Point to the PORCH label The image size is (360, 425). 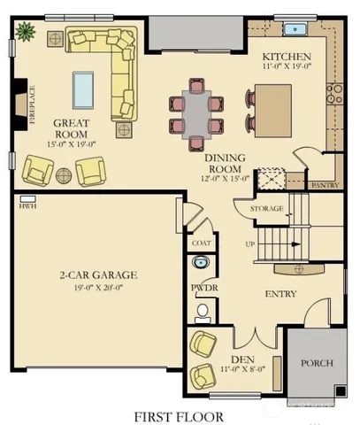pyautogui.click(x=317, y=363)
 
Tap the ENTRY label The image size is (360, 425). pyautogui.click(x=281, y=294)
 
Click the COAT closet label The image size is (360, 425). pyautogui.click(x=201, y=241)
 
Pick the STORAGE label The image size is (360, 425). pyautogui.click(x=266, y=209)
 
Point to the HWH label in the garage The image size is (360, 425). pyautogui.click(x=25, y=206)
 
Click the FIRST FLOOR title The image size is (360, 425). pyautogui.click(x=178, y=414)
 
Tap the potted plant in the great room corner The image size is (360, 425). pyautogui.click(x=23, y=31)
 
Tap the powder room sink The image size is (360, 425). pyautogui.click(x=201, y=263)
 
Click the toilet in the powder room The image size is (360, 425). pyautogui.click(x=203, y=310)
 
